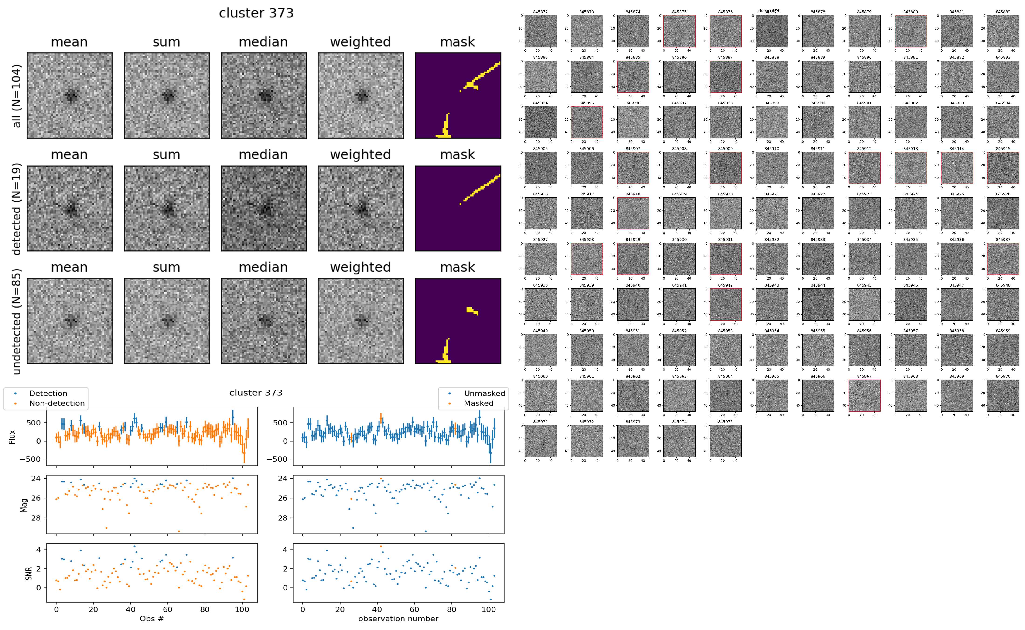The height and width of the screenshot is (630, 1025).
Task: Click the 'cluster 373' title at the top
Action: click(x=256, y=13)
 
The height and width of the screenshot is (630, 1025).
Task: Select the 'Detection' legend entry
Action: click(x=48, y=393)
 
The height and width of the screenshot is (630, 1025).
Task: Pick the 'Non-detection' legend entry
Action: click(x=57, y=403)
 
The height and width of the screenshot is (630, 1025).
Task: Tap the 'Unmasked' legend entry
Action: click(x=484, y=393)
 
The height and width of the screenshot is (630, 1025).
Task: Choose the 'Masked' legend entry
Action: click(x=478, y=403)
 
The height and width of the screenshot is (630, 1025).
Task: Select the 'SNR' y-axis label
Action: click(x=28, y=573)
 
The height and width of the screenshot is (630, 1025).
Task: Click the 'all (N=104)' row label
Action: click(x=17, y=96)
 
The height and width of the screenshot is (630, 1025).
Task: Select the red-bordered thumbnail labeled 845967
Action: click(x=864, y=395)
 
